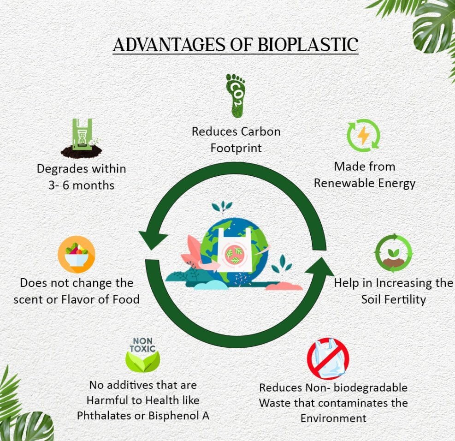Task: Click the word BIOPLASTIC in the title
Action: pyautogui.click(x=308, y=45)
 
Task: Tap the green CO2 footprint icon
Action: pyautogui.click(x=235, y=95)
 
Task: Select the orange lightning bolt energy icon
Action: pyautogui.click(x=363, y=136)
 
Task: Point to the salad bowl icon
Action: pyautogui.click(x=77, y=255)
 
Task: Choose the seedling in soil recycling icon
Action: pyautogui.click(x=394, y=253)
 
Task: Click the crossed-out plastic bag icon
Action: pyautogui.click(x=328, y=359)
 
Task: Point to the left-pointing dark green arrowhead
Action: pyautogui.click(x=152, y=237)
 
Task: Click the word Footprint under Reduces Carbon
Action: pyautogui.click(x=236, y=149)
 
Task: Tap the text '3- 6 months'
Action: pyautogui.click(x=82, y=185)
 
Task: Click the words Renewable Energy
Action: pyautogui.click(x=365, y=184)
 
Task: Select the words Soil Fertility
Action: pyautogui.click(x=394, y=300)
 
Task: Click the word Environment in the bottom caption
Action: pyautogui.click(x=333, y=418)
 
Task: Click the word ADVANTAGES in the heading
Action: pyautogui.click(x=169, y=45)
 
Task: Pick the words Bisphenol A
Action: pyautogui.click(x=179, y=416)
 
